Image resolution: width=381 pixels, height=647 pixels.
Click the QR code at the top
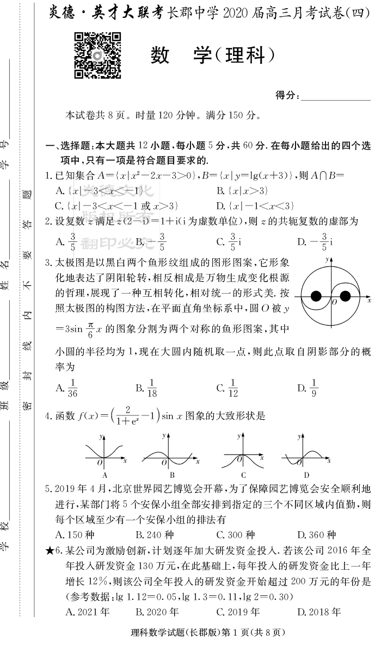tap(97, 55)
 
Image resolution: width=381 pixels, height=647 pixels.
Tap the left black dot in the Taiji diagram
tap(315, 296)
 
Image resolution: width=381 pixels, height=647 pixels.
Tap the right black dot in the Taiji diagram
tap(345, 296)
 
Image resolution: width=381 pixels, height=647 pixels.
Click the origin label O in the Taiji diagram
tap(334, 301)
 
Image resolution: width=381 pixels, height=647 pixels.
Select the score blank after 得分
tap(335, 96)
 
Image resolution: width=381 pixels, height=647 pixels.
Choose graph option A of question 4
tap(105, 452)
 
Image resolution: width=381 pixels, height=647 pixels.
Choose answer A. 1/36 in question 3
tap(68, 388)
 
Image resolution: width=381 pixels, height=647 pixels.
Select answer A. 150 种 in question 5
tap(81, 534)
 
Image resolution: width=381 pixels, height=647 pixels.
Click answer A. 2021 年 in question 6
tap(87, 612)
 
